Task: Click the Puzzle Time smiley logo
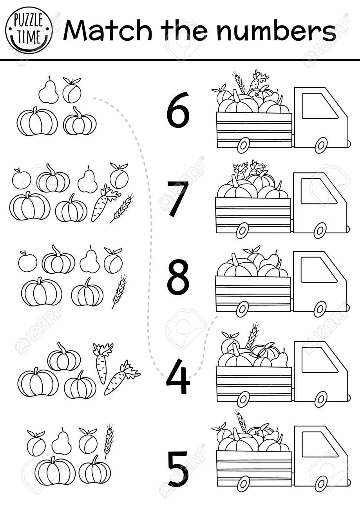tap(29, 31)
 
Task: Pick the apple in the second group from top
tap(22, 179)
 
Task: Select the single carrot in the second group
tap(103, 203)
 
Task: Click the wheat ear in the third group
tap(119, 291)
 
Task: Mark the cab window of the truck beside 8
tap(318, 270)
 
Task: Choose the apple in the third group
tap(27, 261)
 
